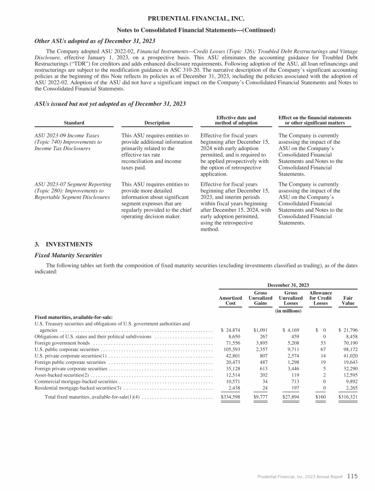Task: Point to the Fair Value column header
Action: (x=349, y=300)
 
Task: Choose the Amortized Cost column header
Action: (x=230, y=300)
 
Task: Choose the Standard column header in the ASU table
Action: (x=74, y=123)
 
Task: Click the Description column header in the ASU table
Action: (x=157, y=123)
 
